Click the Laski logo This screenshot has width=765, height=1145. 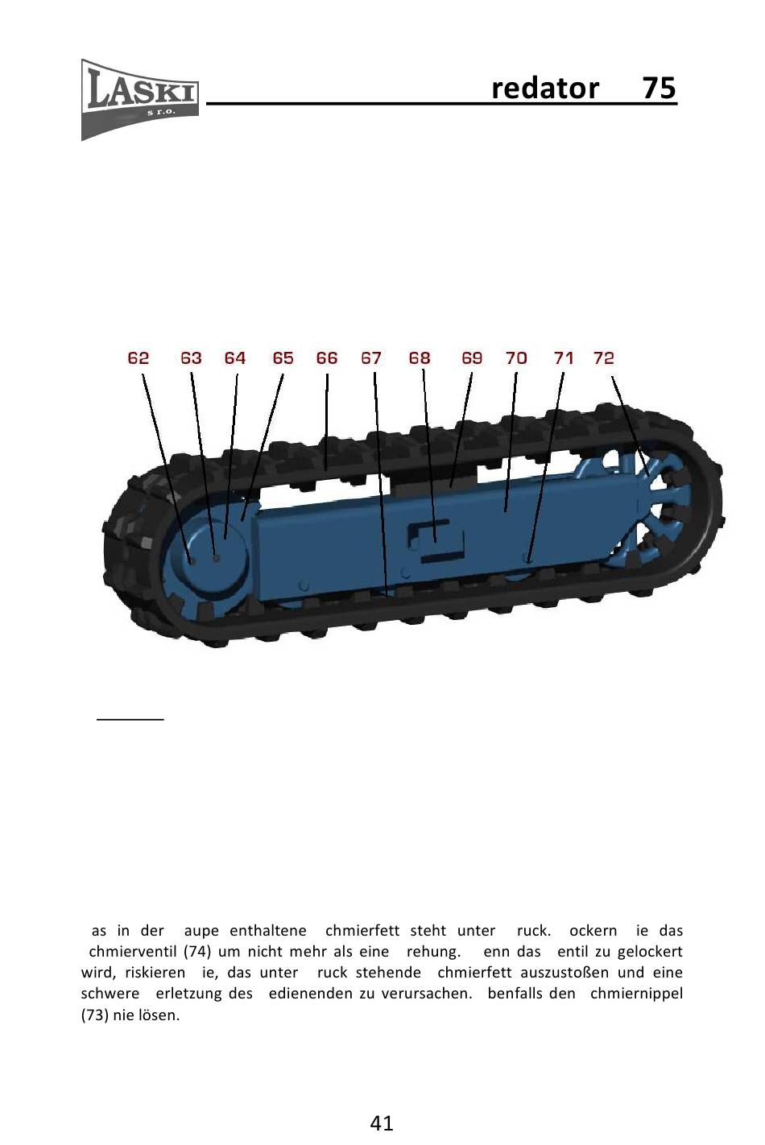pos(140,97)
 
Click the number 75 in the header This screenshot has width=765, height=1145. pos(659,88)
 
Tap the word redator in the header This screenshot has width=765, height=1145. pos(545,88)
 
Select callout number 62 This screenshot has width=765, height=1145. pos(139,358)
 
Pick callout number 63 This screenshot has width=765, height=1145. pos(191,358)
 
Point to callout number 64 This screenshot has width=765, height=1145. pos(235,358)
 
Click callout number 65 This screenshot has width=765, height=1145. pos(283,358)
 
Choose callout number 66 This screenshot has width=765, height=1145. pos(327,358)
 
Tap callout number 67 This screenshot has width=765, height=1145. pos(371,358)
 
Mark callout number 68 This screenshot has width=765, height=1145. pos(420,358)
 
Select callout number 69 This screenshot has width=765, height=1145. pos(472,358)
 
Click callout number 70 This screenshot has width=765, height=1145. pos(516,358)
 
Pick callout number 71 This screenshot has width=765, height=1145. pos(564,358)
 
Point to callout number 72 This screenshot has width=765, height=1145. pos(604,358)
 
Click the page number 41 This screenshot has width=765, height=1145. pos(382,1122)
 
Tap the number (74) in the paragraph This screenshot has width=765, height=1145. pos(197,952)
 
